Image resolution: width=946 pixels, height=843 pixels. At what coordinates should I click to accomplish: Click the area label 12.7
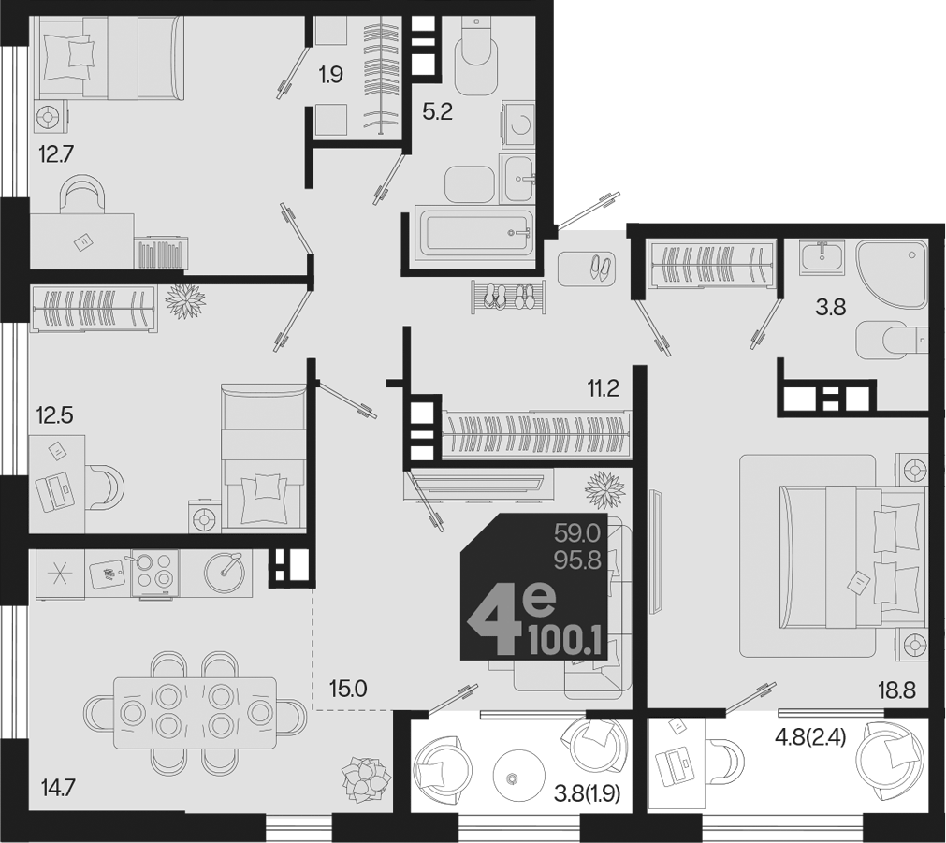tap(55, 154)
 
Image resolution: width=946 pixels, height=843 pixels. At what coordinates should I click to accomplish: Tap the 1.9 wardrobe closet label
tap(330, 75)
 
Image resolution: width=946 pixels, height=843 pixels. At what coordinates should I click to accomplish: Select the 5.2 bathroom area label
tap(437, 111)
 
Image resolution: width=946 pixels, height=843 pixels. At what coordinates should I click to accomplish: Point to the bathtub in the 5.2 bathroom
tap(474, 232)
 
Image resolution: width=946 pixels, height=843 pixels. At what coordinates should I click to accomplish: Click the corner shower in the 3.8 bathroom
tap(891, 274)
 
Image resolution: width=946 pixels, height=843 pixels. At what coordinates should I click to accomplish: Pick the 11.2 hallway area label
tap(604, 388)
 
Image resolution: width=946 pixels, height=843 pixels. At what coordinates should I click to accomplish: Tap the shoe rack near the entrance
tap(508, 297)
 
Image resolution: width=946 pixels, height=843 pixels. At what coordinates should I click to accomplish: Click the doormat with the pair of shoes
tap(587, 269)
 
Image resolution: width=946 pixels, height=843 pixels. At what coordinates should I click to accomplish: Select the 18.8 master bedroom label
tap(896, 690)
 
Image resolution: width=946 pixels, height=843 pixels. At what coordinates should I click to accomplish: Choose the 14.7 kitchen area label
tap(59, 788)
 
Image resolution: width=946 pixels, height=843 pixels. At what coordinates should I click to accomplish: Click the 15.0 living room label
tap(348, 689)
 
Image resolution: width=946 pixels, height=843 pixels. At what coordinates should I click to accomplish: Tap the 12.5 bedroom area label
tap(54, 415)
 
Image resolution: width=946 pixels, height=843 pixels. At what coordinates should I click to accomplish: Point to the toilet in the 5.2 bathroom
tap(476, 56)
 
